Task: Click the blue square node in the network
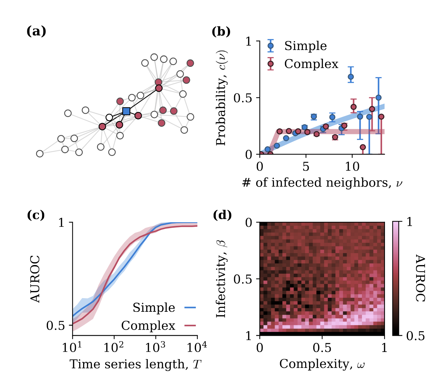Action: [x=126, y=111]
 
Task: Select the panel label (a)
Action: [x=36, y=31]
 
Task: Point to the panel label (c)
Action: [x=36, y=215]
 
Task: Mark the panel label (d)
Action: [x=222, y=215]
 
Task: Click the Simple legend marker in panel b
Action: [x=271, y=46]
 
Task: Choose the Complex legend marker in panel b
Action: [x=271, y=64]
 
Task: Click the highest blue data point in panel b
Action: [x=351, y=77]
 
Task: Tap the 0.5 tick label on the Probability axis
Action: [x=244, y=98]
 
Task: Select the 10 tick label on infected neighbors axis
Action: [x=352, y=167]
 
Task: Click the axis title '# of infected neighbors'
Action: [x=322, y=183]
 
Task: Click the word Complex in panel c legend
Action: [x=148, y=325]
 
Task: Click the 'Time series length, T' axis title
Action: [x=135, y=364]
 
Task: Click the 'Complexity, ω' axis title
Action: [x=322, y=364]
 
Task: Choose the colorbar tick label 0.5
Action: [x=416, y=336]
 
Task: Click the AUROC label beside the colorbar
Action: [x=420, y=278]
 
